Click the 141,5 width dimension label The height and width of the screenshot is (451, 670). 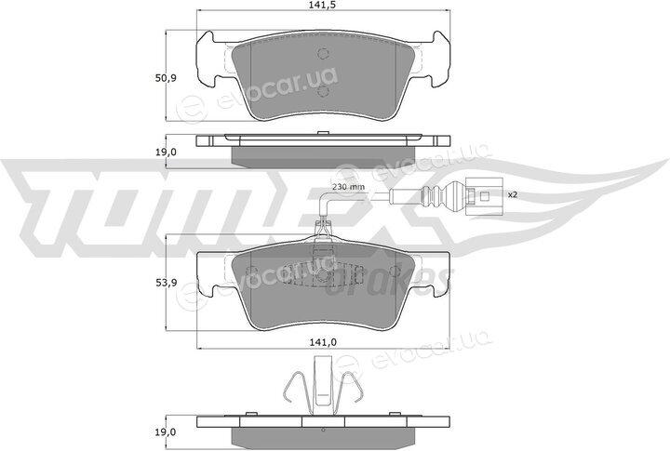[x=323, y=5]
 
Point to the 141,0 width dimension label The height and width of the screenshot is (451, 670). [x=324, y=341]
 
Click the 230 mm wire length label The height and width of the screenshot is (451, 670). [x=348, y=187]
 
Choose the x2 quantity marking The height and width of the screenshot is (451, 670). [x=513, y=194]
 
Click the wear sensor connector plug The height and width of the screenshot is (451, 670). [x=482, y=196]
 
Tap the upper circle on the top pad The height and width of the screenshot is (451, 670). [x=324, y=53]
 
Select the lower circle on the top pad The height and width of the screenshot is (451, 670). [x=324, y=90]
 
